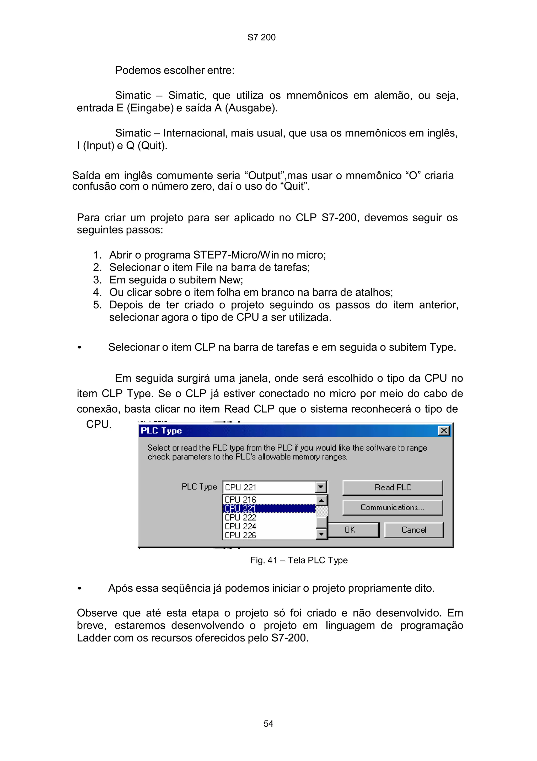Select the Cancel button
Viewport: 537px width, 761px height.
coord(414,530)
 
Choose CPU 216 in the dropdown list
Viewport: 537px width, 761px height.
coord(240,500)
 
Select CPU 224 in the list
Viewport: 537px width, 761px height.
coord(240,526)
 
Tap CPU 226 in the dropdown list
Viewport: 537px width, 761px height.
coord(240,535)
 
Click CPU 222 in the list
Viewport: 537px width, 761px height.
coord(240,517)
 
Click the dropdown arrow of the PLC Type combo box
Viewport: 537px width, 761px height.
coord(320,487)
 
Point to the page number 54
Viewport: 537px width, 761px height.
coord(268,724)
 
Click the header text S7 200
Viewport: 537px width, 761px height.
coord(261,37)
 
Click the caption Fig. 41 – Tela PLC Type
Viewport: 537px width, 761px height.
coord(299,560)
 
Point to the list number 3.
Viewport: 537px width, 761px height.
coord(97,280)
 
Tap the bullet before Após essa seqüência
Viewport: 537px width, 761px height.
coord(79,589)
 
